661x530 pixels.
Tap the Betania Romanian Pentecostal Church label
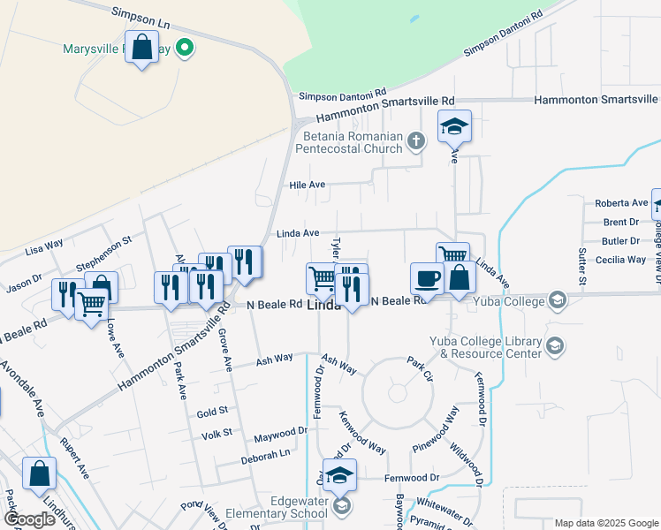[x=353, y=143]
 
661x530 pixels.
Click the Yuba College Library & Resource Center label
[x=485, y=347]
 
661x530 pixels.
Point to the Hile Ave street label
[x=308, y=185]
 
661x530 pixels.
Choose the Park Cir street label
[x=420, y=363]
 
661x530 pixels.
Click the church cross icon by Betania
[x=416, y=140]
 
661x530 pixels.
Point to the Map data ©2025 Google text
[x=605, y=523]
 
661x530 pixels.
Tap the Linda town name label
[x=323, y=307]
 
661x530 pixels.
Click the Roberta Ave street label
[x=621, y=203]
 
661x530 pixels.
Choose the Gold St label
[x=212, y=413]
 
